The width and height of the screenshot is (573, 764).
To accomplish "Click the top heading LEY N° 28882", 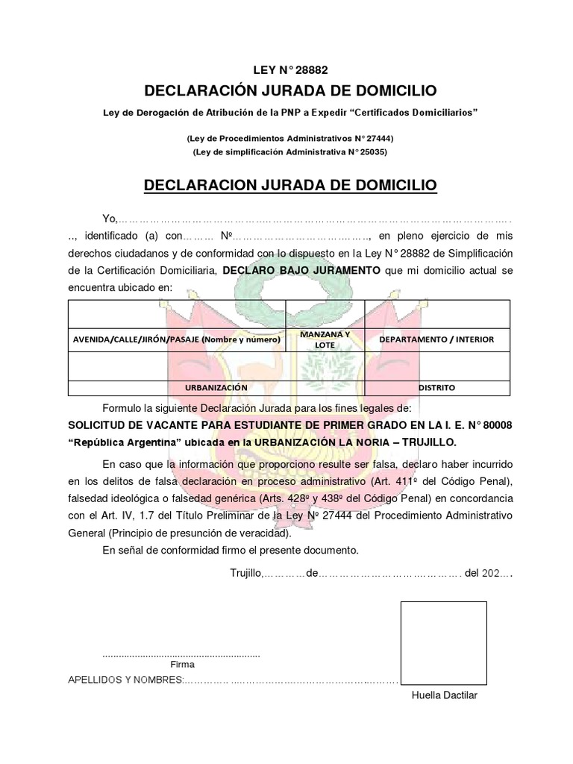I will pos(290,70).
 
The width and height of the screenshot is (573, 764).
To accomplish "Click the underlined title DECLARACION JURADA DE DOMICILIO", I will pos(289,184).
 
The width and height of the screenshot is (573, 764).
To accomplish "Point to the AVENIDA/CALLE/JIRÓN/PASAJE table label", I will pos(176,339).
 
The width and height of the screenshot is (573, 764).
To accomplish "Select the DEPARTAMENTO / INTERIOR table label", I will pos(436,339).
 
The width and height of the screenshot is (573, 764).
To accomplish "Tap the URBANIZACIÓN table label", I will pos(216,388).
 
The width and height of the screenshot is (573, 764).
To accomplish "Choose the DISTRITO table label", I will pos(436,388).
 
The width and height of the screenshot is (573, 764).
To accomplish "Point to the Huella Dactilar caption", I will pos(444,695).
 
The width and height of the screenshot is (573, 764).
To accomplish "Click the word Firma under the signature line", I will pos(182,664).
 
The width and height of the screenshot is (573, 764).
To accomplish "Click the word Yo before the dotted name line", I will pos(110,219).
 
